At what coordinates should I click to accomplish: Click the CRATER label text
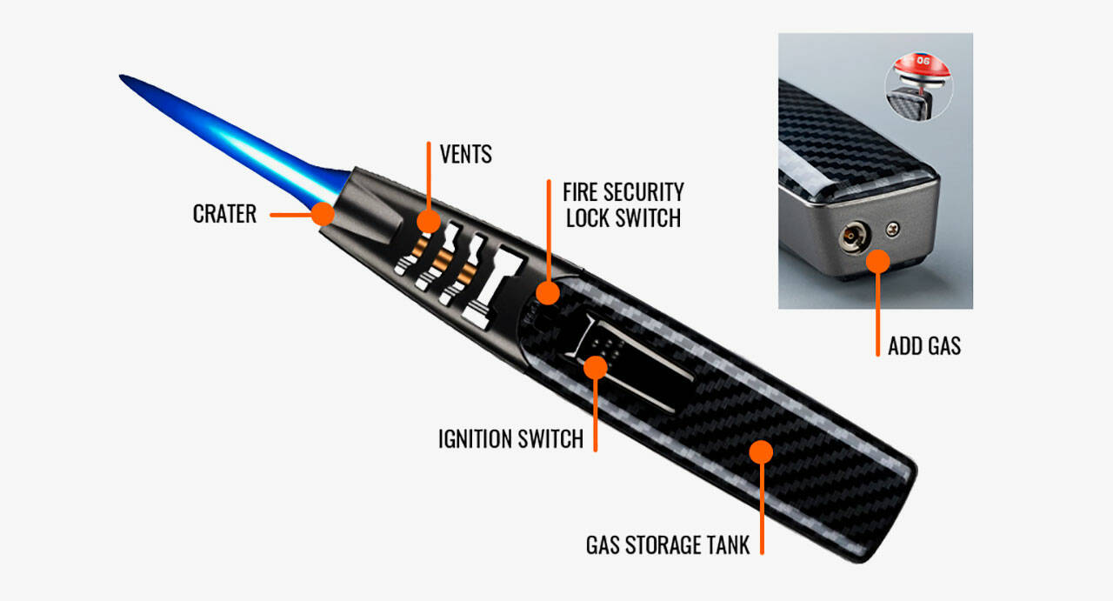(224, 214)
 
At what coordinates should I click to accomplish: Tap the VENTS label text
(465, 155)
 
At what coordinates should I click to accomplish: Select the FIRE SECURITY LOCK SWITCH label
(623, 204)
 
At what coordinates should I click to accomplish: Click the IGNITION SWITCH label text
(510, 438)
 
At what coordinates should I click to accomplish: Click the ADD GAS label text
(923, 346)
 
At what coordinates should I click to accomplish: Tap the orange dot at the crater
(323, 214)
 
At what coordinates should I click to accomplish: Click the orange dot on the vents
(427, 221)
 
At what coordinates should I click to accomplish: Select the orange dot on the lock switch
(548, 292)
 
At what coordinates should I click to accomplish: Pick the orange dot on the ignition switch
(595, 366)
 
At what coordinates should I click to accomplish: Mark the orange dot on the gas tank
(761, 451)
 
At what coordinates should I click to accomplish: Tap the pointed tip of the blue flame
(123, 77)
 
